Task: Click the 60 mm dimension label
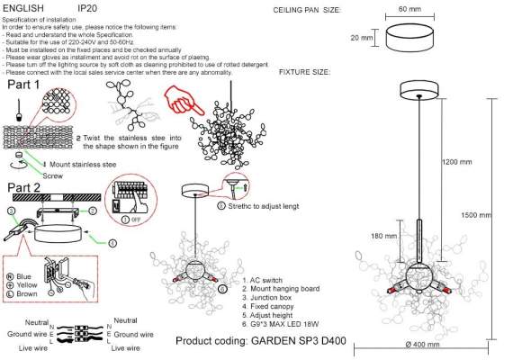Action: point(409,8)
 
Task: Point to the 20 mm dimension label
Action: point(360,38)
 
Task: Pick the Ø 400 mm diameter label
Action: point(422,345)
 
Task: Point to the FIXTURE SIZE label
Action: point(311,70)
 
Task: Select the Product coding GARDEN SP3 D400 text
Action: point(261,342)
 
